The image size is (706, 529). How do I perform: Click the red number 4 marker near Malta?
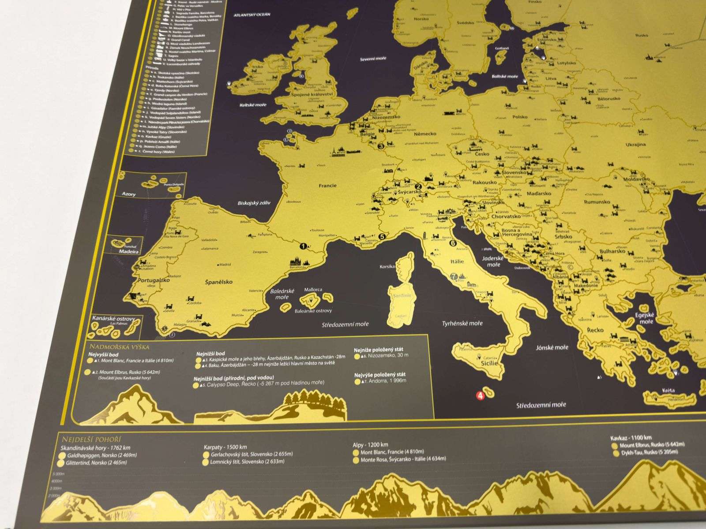480,395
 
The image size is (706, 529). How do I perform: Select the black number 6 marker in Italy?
453,242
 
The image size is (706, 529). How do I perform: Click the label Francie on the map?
327,186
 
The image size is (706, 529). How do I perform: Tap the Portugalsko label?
153,280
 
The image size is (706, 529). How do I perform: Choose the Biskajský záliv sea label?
253,203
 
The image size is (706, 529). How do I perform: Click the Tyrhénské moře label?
462,323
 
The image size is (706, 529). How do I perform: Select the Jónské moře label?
552,347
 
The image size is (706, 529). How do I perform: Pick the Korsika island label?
387,267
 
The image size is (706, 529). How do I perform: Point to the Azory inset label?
129,194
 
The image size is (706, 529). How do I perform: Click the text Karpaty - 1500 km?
225,446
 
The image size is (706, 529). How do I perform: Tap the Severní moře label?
373,59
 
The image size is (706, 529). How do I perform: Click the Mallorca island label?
313,290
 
